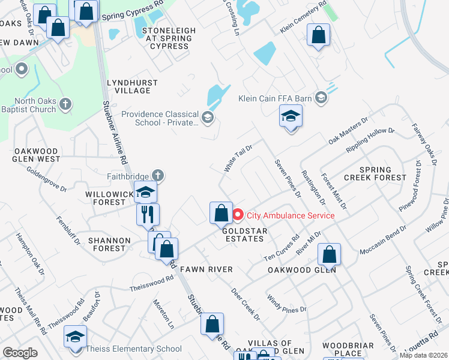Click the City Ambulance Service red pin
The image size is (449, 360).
[238, 215]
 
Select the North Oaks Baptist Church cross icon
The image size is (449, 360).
[65, 104]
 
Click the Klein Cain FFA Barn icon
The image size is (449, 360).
[321, 97]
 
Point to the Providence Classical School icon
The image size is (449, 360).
[208, 116]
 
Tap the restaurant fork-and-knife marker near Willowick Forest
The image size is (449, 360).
[148, 214]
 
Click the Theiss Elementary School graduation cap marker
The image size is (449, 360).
[76, 337]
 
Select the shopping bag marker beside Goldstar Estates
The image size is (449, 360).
[221, 212]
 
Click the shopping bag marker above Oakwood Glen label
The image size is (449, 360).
[329, 254]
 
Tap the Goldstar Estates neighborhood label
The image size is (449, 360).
[243, 234]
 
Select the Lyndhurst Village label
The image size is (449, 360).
[132, 86]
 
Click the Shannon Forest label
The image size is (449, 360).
[109, 245]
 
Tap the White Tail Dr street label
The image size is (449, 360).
[238, 158]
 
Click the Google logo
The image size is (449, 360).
[20, 353]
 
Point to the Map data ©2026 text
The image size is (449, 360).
[424, 355]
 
